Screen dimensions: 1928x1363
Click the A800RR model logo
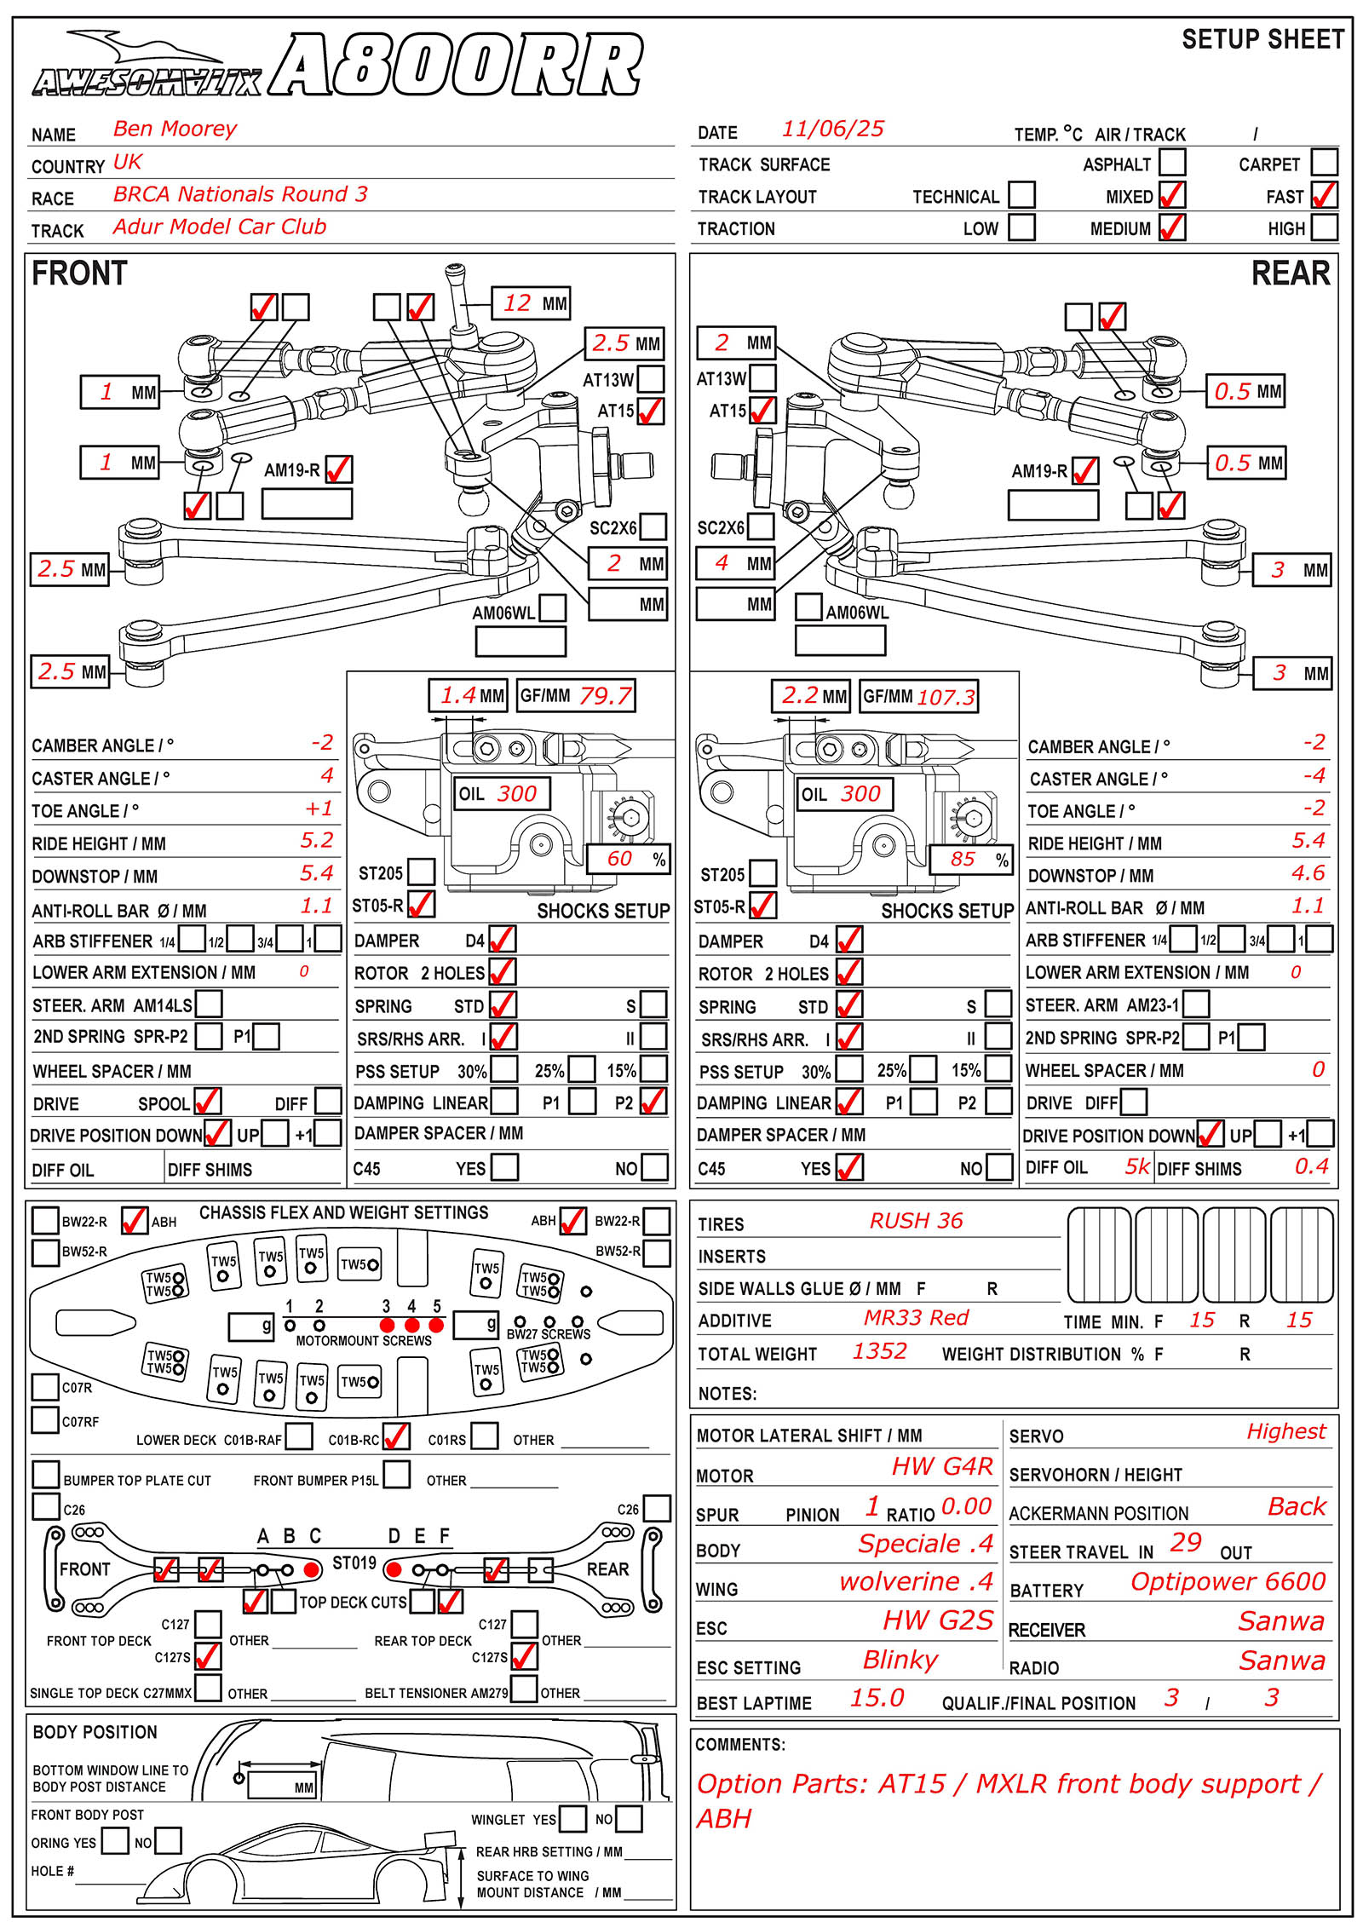(x=457, y=66)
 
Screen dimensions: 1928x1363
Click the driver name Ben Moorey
(x=175, y=129)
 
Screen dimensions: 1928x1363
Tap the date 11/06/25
(x=832, y=129)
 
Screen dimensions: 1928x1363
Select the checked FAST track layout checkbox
(x=1324, y=195)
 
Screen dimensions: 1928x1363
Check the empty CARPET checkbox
(x=1324, y=162)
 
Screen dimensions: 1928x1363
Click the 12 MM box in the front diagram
(x=531, y=303)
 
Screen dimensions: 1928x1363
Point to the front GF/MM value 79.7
(x=605, y=696)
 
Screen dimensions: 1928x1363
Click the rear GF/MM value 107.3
(x=946, y=697)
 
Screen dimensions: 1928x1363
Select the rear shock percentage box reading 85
(x=969, y=859)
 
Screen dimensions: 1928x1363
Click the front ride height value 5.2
(x=316, y=841)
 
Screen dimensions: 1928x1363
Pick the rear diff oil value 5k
(x=1136, y=1166)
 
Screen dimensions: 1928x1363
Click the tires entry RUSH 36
(x=916, y=1221)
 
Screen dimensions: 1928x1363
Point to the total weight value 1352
(x=879, y=1351)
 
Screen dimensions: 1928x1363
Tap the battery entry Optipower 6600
(x=1228, y=1581)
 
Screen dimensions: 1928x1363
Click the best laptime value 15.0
(x=877, y=1698)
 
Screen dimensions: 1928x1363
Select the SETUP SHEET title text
(x=1262, y=39)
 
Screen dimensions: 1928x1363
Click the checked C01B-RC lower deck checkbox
(x=396, y=1436)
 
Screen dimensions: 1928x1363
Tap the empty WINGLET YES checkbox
(x=572, y=1818)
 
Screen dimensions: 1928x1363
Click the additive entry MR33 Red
(x=916, y=1318)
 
